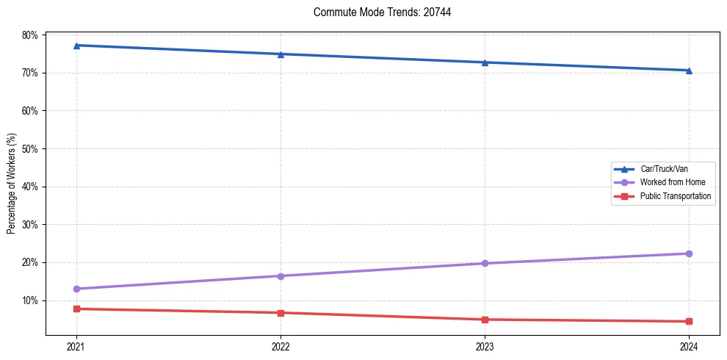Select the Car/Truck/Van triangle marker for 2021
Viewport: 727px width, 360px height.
pyautogui.click(x=76, y=46)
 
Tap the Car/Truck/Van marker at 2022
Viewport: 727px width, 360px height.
pyautogui.click(x=281, y=54)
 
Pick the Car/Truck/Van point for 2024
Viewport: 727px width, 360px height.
pyautogui.click(x=689, y=71)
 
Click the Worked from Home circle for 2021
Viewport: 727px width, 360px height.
pyautogui.click(x=76, y=289)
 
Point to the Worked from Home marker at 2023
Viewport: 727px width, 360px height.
pyautogui.click(x=485, y=263)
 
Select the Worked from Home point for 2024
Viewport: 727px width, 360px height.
pyautogui.click(x=689, y=253)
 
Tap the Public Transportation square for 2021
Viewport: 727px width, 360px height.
pyautogui.click(x=76, y=309)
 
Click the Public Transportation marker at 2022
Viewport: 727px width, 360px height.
pyautogui.click(x=281, y=313)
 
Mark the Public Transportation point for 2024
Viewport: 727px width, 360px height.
pyautogui.click(x=689, y=321)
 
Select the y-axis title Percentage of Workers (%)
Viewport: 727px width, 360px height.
pyautogui.click(x=12, y=184)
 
